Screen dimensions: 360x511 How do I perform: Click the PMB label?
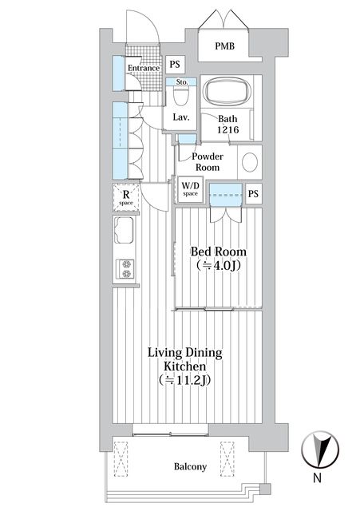pyautogui.click(x=224, y=46)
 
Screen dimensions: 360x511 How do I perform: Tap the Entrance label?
pyautogui.click(x=144, y=68)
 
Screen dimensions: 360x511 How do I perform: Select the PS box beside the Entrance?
pyautogui.click(x=175, y=64)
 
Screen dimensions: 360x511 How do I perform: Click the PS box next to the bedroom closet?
pyautogui.click(x=253, y=194)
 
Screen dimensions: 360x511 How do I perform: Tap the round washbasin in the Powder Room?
pyautogui.click(x=250, y=162)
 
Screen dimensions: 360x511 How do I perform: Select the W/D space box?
pyautogui.click(x=190, y=189)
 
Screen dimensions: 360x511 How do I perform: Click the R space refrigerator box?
pyautogui.click(x=126, y=197)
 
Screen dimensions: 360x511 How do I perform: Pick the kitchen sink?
pyautogui.click(x=124, y=230)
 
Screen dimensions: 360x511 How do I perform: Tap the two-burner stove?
pyautogui.click(x=126, y=269)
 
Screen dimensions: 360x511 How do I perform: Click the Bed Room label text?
pyautogui.click(x=218, y=252)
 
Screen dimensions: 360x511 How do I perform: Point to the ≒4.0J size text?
pyautogui.click(x=219, y=266)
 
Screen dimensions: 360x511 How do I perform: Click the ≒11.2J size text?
pyautogui.click(x=184, y=380)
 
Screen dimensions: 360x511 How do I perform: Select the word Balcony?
pyautogui.click(x=190, y=466)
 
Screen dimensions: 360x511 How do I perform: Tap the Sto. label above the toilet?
pyautogui.click(x=182, y=82)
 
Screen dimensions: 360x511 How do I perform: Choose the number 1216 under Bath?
pyautogui.click(x=228, y=130)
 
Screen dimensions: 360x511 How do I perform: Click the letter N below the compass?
pyautogui.click(x=317, y=477)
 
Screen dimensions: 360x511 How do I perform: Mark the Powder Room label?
pyautogui.click(x=208, y=162)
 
